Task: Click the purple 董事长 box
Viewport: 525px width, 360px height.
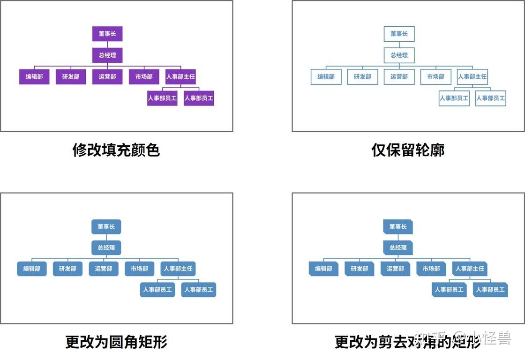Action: click(x=107, y=34)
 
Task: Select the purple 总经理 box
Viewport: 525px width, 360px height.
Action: click(x=107, y=55)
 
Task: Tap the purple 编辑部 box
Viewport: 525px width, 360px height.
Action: click(x=34, y=77)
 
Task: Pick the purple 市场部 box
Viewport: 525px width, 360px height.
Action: click(x=144, y=77)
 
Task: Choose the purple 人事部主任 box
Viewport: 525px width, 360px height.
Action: click(x=180, y=77)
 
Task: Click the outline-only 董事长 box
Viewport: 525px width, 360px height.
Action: click(x=399, y=34)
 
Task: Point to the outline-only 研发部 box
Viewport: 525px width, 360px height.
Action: click(x=362, y=77)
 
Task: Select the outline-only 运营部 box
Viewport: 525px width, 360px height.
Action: click(x=399, y=77)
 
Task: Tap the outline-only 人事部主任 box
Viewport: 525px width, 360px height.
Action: click(x=472, y=77)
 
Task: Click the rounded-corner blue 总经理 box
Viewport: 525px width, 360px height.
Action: click(x=106, y=247)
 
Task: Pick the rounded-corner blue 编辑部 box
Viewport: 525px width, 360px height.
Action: click(x=32, y=269)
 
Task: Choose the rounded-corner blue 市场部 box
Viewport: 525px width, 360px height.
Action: click(x=139, y=269)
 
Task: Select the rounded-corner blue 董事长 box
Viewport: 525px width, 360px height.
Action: click(x=106, y=227)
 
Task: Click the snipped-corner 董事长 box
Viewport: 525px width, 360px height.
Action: click(x=398, y=227)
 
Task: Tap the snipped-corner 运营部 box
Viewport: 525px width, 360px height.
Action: click(x=395, y=269)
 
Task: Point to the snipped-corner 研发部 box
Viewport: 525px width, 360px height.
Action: click(x=360, y=269)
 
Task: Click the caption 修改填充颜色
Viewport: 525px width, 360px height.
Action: click(x=116, y=150)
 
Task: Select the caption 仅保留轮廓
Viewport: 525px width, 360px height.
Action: click(x=408, y=150)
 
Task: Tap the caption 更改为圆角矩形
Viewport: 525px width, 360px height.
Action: click(x=116, y=342)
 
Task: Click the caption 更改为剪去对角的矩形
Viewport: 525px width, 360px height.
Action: click(x=408, y=342)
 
